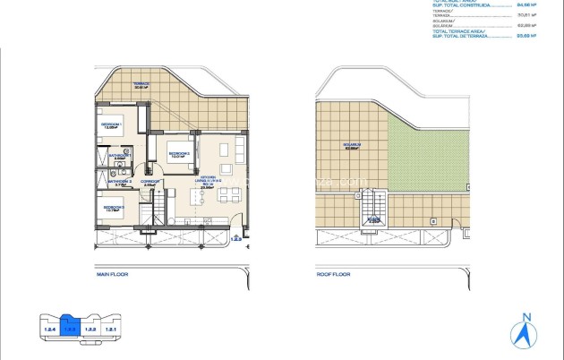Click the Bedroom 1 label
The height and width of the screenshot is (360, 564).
(112, 124)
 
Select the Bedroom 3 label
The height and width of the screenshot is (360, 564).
(113, 209)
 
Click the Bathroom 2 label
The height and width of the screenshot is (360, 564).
(119, 182)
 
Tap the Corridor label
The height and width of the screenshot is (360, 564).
(150, 182)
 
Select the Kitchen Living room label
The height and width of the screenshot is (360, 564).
(208, 184)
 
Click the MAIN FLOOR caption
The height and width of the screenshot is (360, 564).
(114, 278)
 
